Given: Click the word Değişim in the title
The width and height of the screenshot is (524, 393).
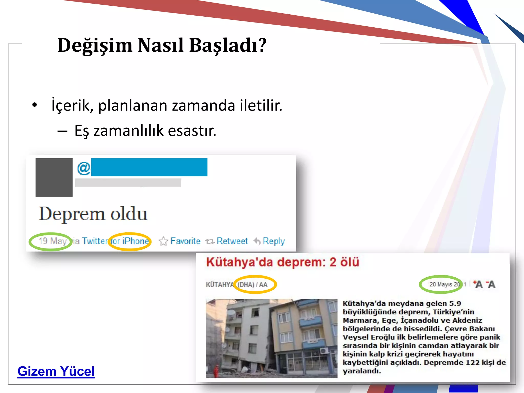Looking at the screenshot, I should [95, 45].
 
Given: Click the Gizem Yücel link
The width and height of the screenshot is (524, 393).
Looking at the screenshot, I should [56, 371].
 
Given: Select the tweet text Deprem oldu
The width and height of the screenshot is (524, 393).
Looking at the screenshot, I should [93, 214].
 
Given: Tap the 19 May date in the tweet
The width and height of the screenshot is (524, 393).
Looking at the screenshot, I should [52, 241].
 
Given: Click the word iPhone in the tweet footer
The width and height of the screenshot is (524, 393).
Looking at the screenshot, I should [135, 241].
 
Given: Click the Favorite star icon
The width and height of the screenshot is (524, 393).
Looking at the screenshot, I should [163, 241].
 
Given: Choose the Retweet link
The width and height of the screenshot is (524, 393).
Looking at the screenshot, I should [232, 241].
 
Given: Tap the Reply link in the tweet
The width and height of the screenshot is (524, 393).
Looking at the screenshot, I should [274, 241].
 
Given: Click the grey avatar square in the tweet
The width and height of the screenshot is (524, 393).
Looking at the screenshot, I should [54, 178].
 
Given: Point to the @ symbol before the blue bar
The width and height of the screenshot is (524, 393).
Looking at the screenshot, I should [84, 168].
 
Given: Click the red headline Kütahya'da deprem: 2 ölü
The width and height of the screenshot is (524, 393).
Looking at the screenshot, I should [282, 262].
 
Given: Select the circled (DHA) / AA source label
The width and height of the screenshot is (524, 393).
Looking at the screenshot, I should [252, 285].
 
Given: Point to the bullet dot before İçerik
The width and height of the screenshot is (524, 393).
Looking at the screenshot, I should [35, 105].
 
